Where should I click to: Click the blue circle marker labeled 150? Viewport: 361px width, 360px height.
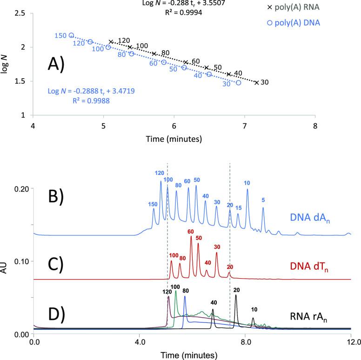pos(71,35)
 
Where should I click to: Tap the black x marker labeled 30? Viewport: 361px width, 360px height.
pos(257,83)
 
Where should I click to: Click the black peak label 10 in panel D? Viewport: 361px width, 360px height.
pos(254,309)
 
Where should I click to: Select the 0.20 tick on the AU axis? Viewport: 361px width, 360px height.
pos(20,189)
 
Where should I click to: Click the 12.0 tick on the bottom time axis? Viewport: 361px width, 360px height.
pos(351,343)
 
